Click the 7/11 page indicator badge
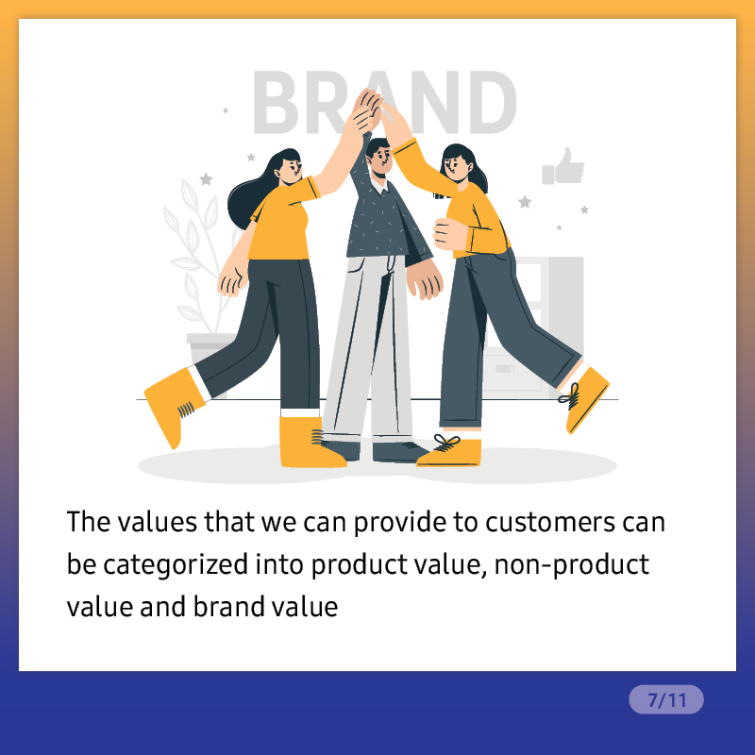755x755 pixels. coord(666,699)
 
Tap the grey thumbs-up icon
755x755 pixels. coord(562,167)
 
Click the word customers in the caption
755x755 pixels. coord(550,522)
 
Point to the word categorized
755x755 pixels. coord(176,565)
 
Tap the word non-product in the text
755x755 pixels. coord(572,565)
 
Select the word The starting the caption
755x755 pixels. coord(89,522)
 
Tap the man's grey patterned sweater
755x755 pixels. coord(380,222)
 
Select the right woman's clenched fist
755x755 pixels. coord(450,233)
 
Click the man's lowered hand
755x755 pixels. coord(424,279)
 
